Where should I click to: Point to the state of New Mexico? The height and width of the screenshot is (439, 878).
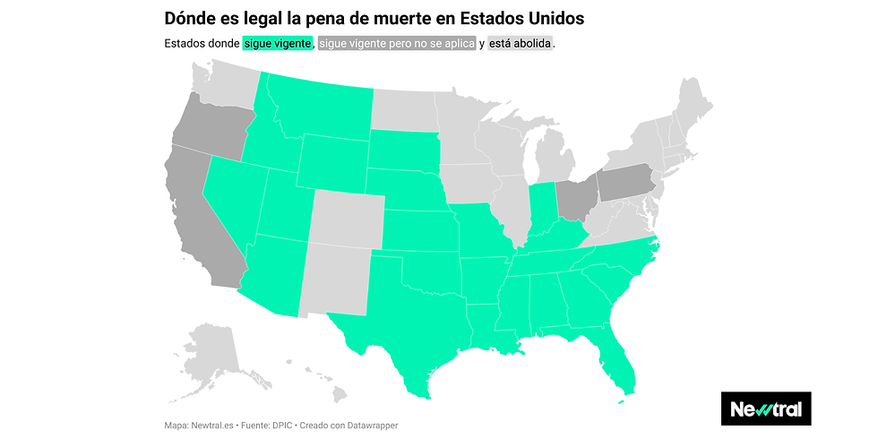pos(333,282)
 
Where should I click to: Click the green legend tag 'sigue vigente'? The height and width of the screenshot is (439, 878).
pos(278,43)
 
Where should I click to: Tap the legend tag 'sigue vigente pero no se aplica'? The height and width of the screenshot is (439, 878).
pos(397,43)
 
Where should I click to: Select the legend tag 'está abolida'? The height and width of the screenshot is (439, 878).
pos(521,43)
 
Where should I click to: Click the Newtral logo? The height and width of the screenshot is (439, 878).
pos(765,409)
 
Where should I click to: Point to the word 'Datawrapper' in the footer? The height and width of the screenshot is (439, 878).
pos(369,425)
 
